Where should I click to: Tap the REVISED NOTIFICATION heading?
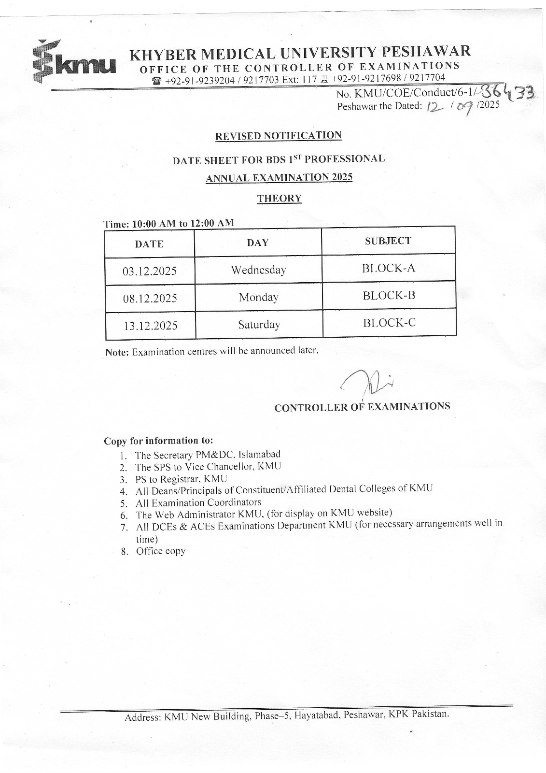279,136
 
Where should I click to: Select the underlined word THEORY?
280,199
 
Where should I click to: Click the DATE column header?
149,244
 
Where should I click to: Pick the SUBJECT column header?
388,241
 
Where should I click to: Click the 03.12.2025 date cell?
150,271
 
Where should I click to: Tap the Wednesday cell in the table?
258,270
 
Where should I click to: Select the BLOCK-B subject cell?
389,296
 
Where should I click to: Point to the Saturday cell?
259,325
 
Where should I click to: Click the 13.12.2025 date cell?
151,326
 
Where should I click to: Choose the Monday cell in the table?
259,297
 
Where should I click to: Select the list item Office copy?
161,551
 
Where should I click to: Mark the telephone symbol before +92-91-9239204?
157,81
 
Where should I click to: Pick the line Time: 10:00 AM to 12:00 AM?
169,224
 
